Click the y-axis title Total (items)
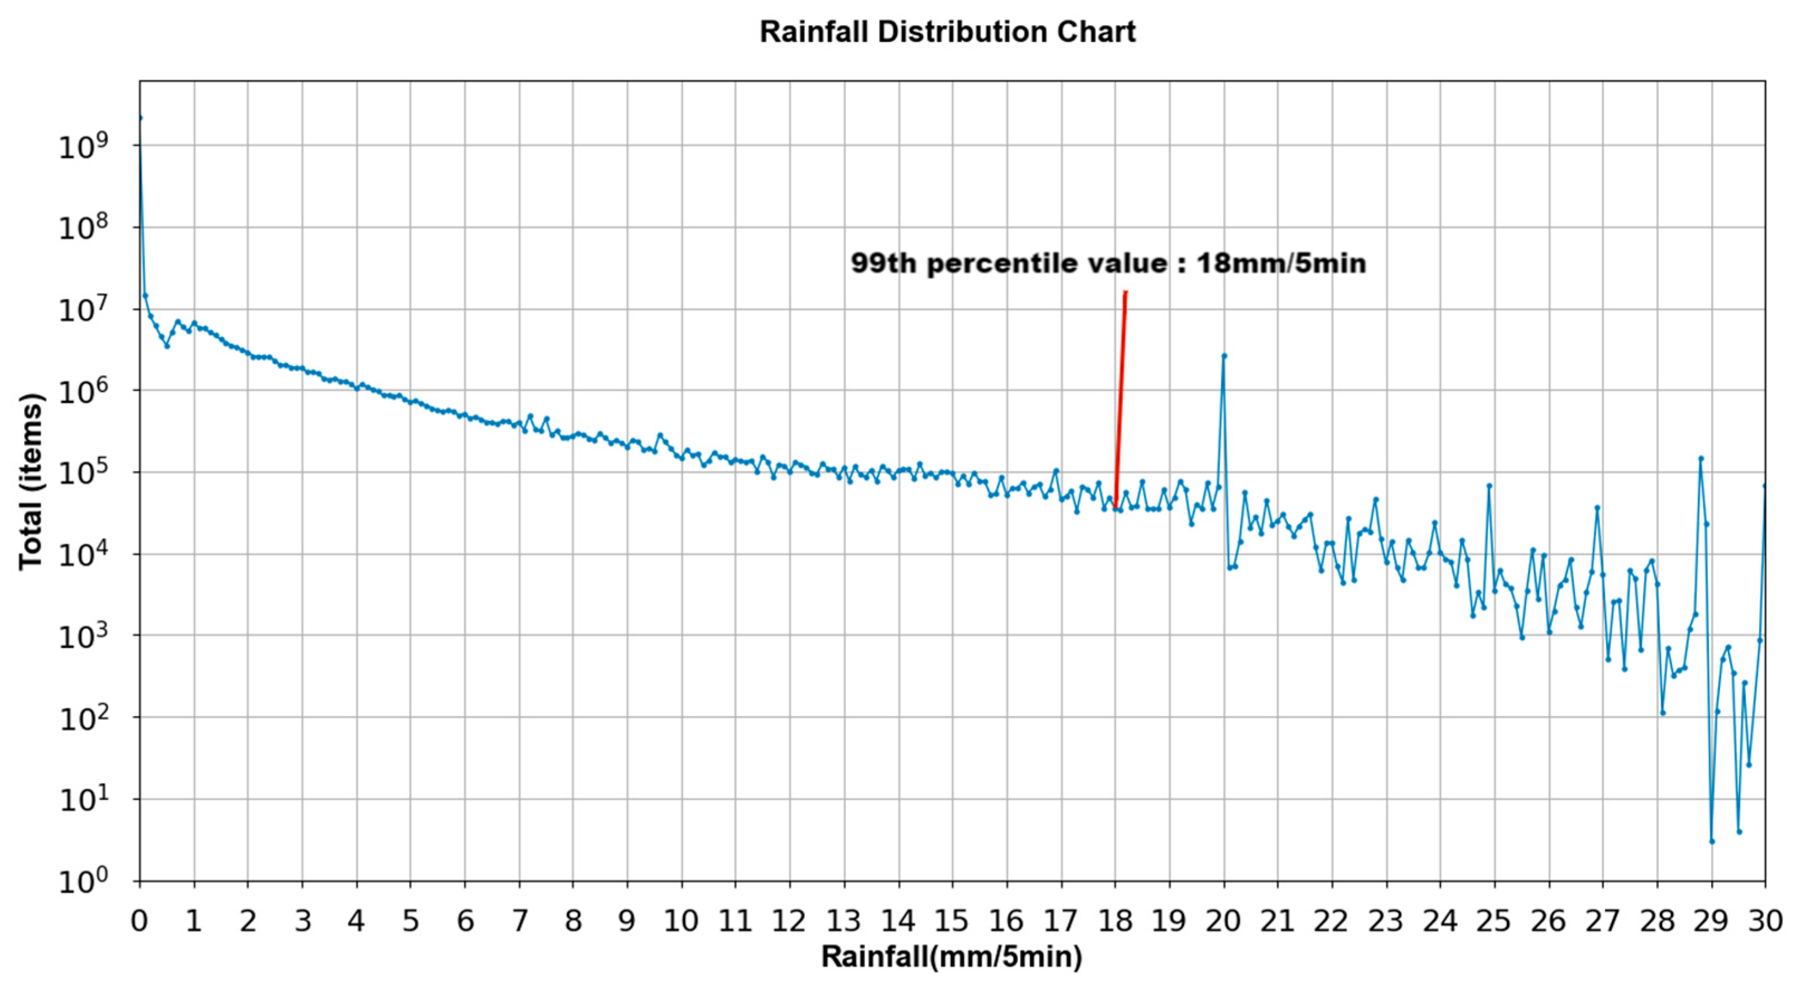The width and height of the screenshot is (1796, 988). (x=31, y=481)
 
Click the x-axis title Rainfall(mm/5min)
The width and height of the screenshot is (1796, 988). (x=951, y=957)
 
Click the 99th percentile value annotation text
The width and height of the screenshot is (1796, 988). (x=1108, y=263)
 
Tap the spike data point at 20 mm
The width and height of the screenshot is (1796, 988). (x=1223, y=356)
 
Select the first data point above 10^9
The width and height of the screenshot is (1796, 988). (x=140, y=118)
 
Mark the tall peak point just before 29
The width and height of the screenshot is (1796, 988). (x=1701, y=459)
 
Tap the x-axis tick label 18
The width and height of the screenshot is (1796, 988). (x=1115, y=922)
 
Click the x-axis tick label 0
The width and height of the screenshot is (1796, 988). (x=140, y=922)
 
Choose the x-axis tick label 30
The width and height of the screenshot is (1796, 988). (x=1765, y=922)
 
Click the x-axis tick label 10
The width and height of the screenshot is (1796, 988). (x=681, y=922)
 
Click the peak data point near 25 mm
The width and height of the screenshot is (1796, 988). (x=1488, y=485)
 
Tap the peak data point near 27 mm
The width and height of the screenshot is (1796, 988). (x=1597, y=507)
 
